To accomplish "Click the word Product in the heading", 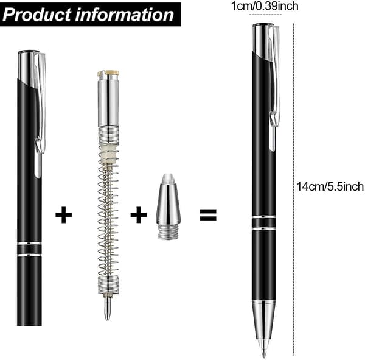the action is click(x=37, y=15).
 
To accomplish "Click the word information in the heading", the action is click(x=125, y=15).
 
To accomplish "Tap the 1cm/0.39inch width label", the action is click(x=265, y=6).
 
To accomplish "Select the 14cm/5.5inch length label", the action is click(x=330, y=186).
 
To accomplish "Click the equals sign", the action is click(x=208, y=215).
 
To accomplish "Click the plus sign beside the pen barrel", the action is click(x=64, y=215).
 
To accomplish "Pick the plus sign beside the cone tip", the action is click(x=139, y=215).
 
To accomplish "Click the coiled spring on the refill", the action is click(x=108, y=214).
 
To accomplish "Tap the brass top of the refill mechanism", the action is click(x=108, y=73).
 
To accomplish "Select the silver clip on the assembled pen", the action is click(x=274, y=88).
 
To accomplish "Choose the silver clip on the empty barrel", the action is click(x=40, y=115).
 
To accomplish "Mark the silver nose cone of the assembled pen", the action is click(x=264, y=320).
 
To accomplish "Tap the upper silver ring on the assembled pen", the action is click(x=263, y=217).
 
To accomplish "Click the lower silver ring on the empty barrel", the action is click(x=29, y=255).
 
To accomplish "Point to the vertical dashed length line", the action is click(x=294, y=189).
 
